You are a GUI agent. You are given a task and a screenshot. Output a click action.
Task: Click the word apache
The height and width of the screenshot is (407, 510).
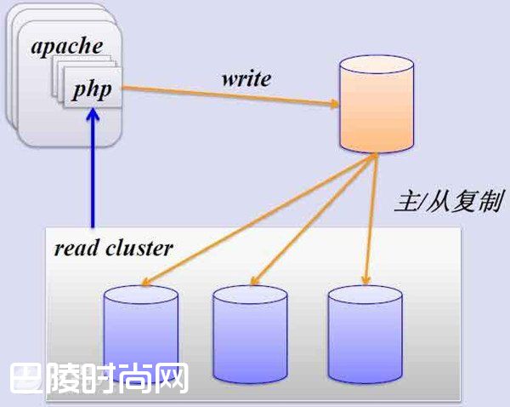pyautogui.click(x=65, y=44)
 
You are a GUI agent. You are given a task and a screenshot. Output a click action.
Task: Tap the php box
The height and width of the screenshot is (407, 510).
pyautogui.click(x=92, y=89)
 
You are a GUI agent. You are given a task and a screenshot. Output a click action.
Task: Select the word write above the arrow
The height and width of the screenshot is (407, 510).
pyautogui.click(x=246, y=78)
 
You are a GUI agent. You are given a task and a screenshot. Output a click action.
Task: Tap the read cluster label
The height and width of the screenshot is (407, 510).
pyautogui.click(x=113, y=249)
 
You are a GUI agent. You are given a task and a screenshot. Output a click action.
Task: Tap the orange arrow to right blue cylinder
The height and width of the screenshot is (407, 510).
pyautogui.click(x=369, y=221)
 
